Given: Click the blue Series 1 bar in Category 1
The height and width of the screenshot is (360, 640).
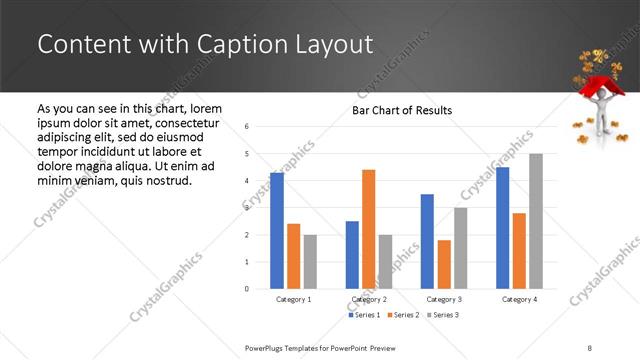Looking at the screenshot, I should tap(277, 231).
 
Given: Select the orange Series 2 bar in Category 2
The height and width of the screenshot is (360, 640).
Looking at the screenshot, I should tap(368, 229).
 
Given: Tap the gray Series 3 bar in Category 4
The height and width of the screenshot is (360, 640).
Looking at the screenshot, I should tap(535, 221).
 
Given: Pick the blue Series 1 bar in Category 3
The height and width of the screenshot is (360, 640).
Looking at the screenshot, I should tap(427, 241).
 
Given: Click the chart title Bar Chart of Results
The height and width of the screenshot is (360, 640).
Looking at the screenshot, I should tap(402, 110).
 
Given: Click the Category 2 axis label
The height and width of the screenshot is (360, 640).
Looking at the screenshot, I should tap(369, 299).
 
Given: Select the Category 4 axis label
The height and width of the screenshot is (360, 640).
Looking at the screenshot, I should tap(519, 299).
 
